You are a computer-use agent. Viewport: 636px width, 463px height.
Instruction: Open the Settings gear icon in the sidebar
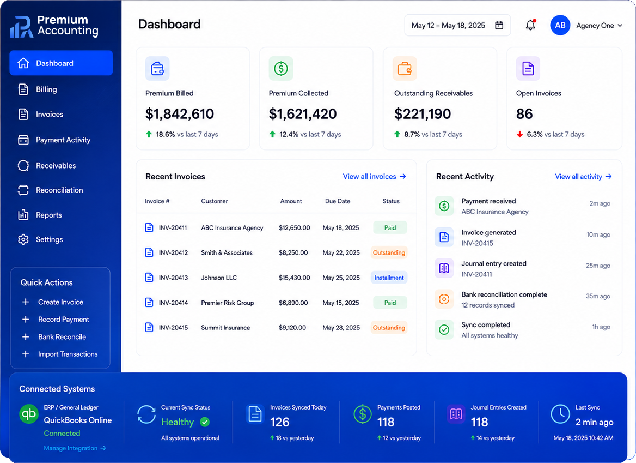23,239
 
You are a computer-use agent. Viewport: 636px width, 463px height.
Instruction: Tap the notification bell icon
530,25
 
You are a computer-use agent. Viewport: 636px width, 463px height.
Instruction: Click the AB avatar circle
560,25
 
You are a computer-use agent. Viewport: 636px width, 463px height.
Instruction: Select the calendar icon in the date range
499,25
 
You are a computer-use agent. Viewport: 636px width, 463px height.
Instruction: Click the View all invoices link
375,176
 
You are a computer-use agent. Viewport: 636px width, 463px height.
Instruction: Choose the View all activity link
583,176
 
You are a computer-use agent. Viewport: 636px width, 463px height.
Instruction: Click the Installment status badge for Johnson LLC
389,278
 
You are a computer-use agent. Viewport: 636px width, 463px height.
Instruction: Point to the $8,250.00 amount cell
293,252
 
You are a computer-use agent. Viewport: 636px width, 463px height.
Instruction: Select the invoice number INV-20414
173,303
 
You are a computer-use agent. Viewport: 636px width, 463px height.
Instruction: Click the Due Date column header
338,201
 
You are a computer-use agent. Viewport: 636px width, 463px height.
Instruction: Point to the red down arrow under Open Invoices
519,135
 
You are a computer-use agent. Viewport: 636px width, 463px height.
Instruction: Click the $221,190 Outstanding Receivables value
422,114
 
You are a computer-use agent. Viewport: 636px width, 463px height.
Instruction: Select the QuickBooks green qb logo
29,414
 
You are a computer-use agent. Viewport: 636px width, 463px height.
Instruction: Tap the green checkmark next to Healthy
205,422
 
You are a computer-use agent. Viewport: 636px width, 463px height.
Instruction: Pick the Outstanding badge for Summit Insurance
389,328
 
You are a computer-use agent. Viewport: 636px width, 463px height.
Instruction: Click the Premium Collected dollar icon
280,69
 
